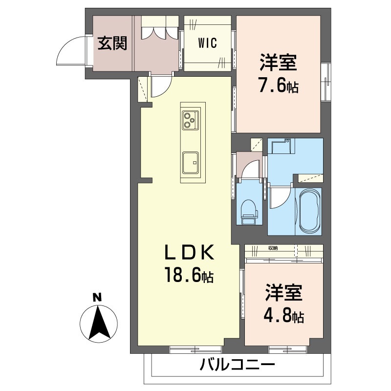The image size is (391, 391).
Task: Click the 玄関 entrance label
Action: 112,43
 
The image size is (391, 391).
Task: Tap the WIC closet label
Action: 207,43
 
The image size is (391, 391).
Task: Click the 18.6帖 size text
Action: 189,277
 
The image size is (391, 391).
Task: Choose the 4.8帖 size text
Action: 284,317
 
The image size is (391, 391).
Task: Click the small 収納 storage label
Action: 273,248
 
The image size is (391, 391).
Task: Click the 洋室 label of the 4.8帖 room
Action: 284,293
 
